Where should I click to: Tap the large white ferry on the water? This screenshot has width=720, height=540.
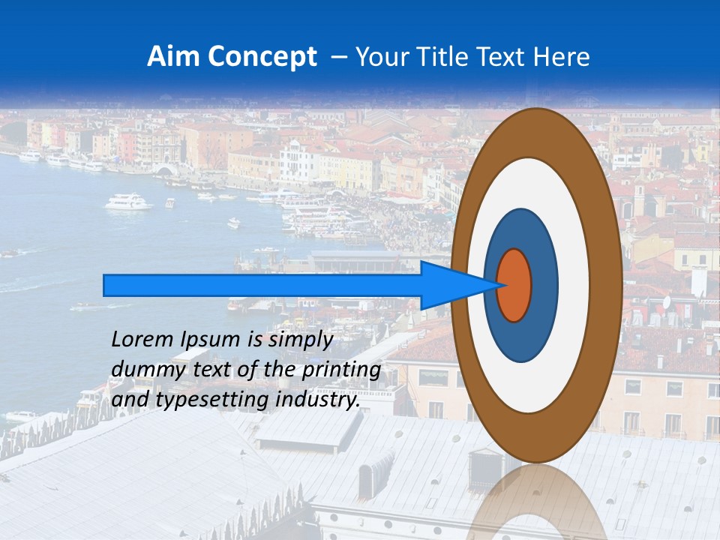pyautogui.click(x=128, y=202)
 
